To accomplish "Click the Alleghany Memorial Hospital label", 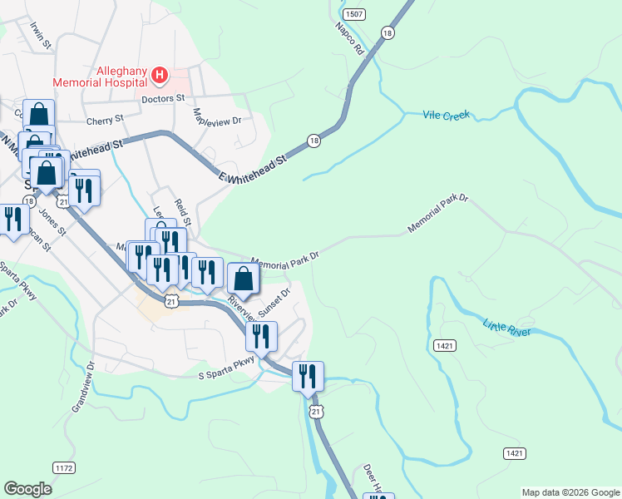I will coord(100,77).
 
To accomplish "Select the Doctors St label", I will coord(163,99).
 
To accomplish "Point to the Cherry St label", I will coord(105,121).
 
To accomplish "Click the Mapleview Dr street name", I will coord(217,116).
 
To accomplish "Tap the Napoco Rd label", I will coord(351,39).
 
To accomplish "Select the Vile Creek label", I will coord(447,115).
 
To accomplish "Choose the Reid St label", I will coord(183,212).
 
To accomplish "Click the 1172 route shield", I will coord(64,468).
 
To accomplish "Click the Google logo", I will coord(27,489).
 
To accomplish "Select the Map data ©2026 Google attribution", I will coord(570,492).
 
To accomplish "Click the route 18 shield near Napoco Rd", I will coord(388,32).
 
